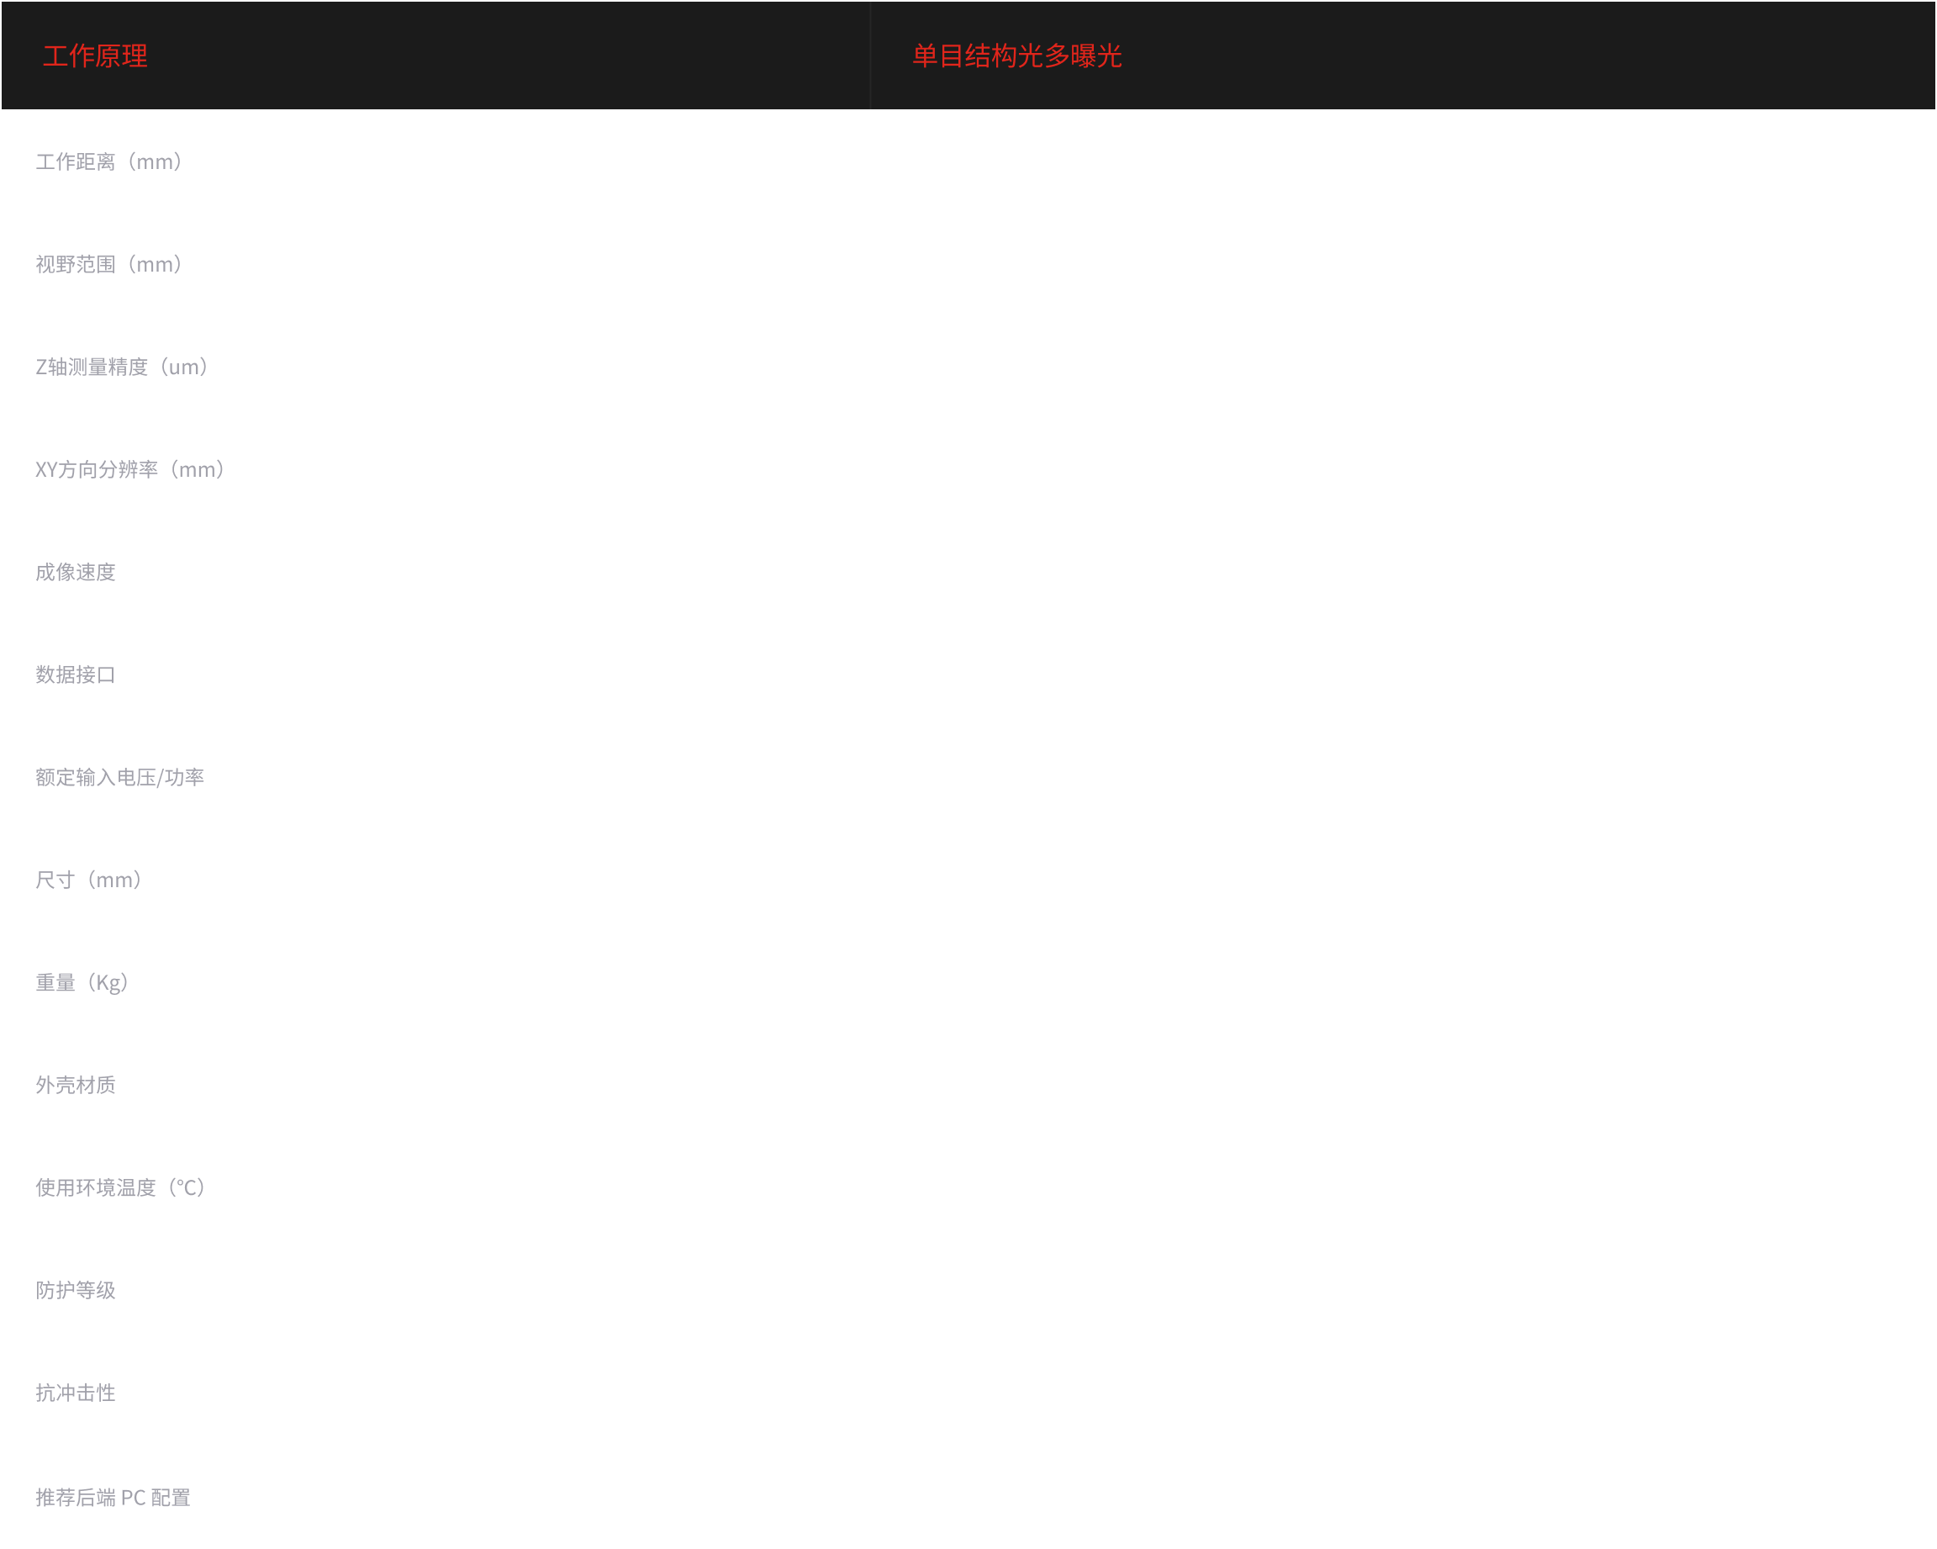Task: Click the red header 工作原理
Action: pyautogui.click(x=95, y=56)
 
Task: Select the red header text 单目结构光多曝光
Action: pyautogui.click(x=1017, y=56)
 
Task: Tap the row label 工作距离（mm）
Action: pyautogui.click(x=109, y=161)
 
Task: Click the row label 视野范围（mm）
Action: pyautogui.click(x=109, y=264)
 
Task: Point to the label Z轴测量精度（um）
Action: pyautogui.click(x=123, y=367)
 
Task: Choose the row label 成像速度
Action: pyautogui.click(x=76, y=573)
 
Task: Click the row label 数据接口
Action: pyautogui.click(x=76, y=674)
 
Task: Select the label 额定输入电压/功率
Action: pyautogui.click(x=119, y=777)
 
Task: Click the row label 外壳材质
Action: pyautogui.click(x=76, y=1085)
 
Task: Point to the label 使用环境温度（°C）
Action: pyautogui.click(x=121, y=1187)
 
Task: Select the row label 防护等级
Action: pyautogui.click(x=76, y=1290)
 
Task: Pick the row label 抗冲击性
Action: pyautogui.click(x=76, y=1393)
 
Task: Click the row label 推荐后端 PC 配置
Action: pyautogui.click(x=113, y=1497)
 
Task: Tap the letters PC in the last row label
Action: pyautogui.click(x=133, y=1498)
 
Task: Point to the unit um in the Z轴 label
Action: pyautogui.click(x=183, y=367)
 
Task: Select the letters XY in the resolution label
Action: pyautogui.click(x=46, y=470)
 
